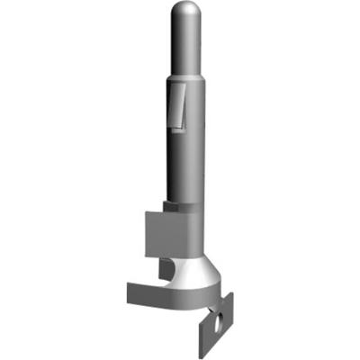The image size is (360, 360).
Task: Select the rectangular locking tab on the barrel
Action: (176, 103)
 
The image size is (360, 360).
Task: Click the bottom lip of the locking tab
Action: (175, 126)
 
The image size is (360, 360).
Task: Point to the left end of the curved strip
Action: (128, 292)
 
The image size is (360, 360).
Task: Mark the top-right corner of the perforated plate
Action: (232, 295)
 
